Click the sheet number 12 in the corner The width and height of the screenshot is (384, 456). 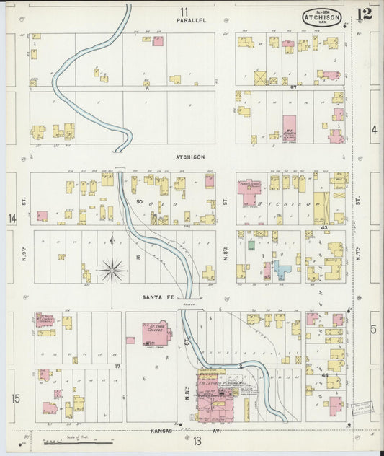point(363,16)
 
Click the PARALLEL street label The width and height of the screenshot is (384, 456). point(191,20)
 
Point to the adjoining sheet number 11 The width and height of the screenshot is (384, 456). point(184,11)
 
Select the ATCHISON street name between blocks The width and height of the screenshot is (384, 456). point(190,157)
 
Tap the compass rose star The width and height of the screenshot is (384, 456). point(112,271)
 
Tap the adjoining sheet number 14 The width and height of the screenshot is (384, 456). point(12,218)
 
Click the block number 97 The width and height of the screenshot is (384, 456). point(293,87)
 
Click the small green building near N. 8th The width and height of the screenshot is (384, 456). point(251,245)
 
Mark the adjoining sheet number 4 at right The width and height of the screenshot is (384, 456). point(374,130)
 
